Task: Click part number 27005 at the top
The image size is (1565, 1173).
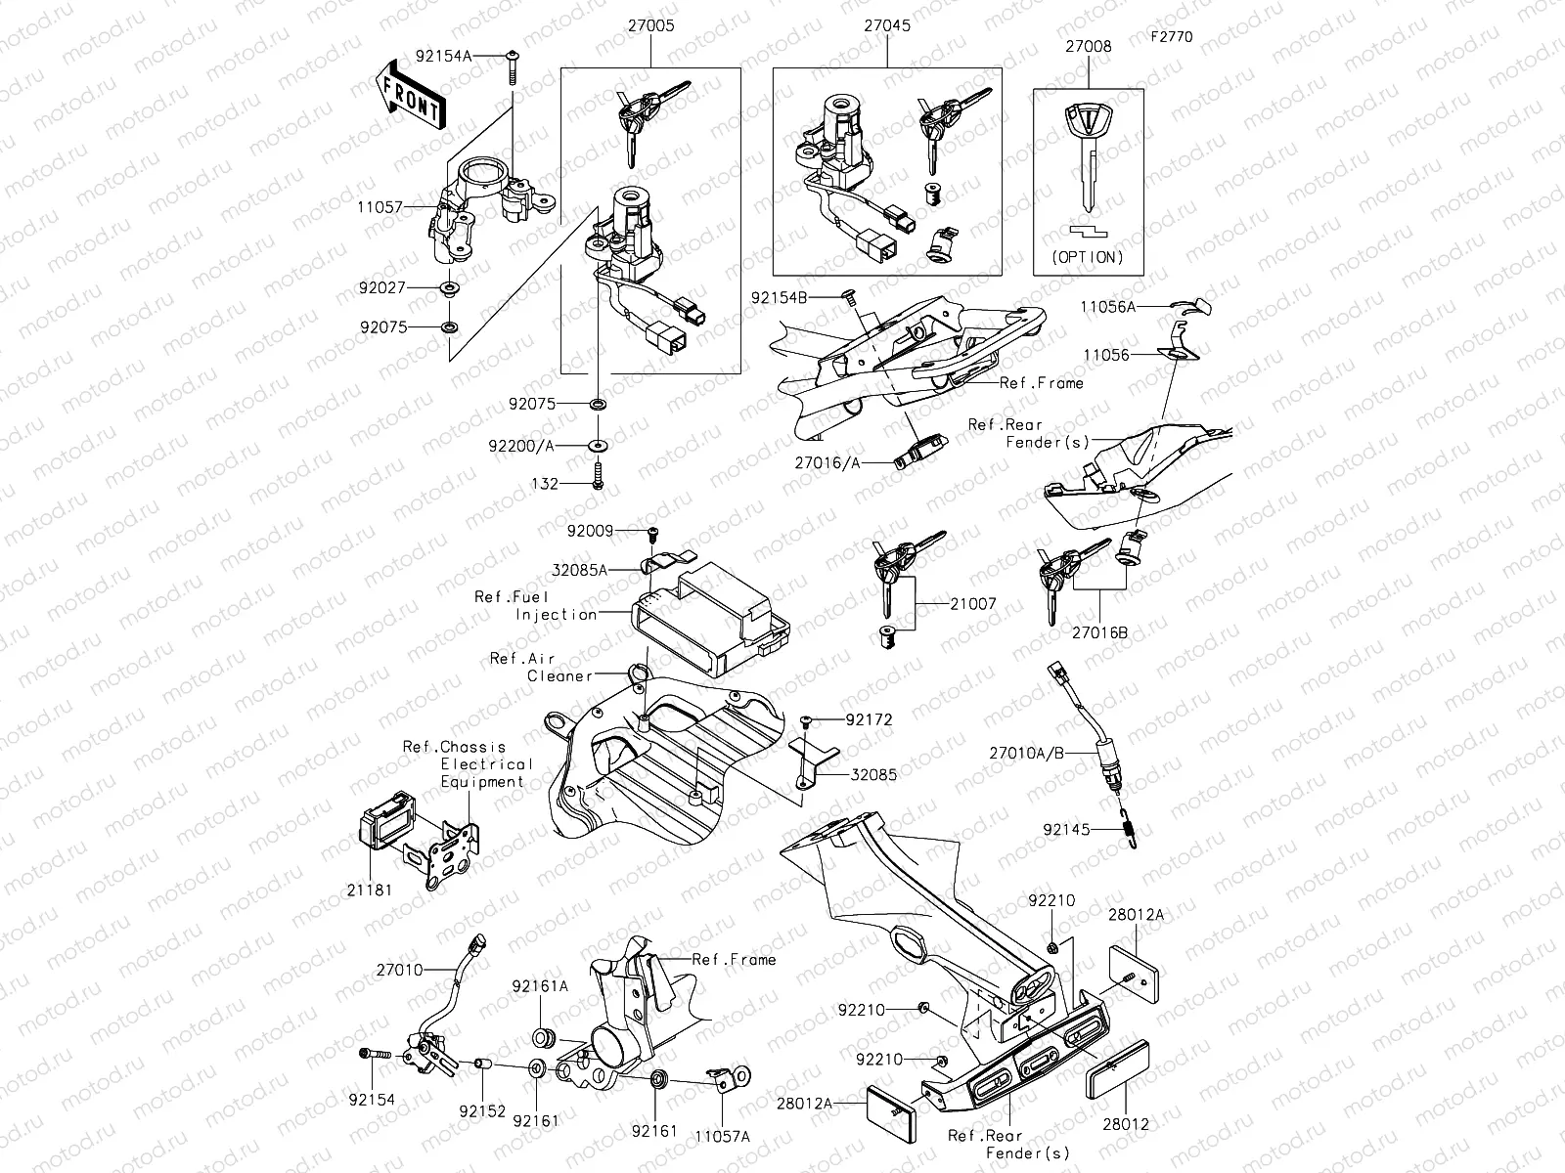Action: (649, 27)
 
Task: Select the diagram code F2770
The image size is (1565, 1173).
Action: (1171, 37)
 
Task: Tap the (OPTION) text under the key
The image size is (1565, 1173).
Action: (1088, 258)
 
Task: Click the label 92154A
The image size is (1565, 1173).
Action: (443, 57)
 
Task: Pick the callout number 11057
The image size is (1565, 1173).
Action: (380, 207)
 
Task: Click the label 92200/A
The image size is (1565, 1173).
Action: (522, 446)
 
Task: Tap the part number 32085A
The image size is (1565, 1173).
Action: (579, 569)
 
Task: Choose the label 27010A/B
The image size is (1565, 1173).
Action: (1026, 754)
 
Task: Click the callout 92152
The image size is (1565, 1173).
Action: (482, 1111)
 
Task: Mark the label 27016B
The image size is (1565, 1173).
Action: (1099, 632)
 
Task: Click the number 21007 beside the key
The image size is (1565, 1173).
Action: (972, 604)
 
